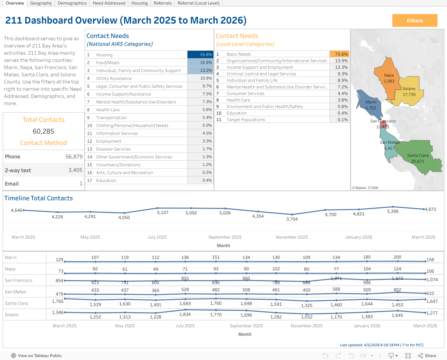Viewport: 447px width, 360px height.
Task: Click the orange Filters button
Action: point(415,21)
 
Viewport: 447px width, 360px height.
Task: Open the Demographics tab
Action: point(72,3)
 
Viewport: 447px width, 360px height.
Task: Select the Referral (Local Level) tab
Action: point(199,3)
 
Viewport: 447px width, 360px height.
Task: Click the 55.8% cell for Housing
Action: point(200,55)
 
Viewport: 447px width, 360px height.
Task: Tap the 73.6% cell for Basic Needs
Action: point(339,54)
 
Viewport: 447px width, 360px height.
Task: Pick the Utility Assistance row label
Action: point(114,79)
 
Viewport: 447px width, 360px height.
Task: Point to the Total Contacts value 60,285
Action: point(44,131)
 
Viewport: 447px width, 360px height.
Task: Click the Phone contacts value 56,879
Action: point(74,157)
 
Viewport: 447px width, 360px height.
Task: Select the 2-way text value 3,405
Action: point(75,170)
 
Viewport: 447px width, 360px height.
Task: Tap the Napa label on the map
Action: point(389,75)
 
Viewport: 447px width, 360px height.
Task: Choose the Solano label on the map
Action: point(409,89)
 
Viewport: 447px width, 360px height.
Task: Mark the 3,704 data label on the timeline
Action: point(292,219)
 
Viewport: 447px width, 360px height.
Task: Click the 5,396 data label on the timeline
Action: point(393,211)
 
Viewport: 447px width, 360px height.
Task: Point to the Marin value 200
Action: point(397,257)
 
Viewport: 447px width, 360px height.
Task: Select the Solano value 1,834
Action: point(185,315)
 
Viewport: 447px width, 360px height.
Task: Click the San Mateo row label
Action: point(15,292)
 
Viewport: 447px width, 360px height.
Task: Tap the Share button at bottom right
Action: point(427,356)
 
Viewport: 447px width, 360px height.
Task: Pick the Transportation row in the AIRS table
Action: point(111,118)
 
